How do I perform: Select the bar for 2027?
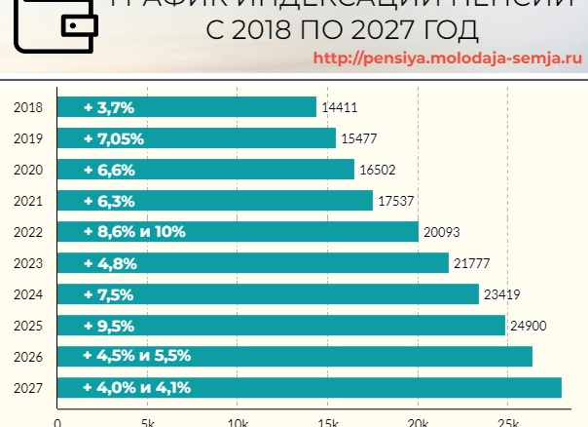310,388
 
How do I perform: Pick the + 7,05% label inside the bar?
114,138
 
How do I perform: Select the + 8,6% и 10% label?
134,232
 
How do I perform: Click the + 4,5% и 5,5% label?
136,357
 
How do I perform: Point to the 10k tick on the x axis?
237,421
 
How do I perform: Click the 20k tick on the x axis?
417,421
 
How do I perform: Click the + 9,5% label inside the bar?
109,326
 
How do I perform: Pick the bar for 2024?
269,294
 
